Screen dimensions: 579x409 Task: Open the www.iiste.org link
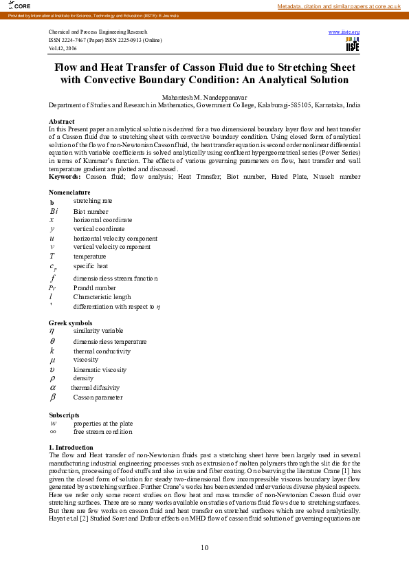(344, 32)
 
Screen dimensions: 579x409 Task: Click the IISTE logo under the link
(352, 44)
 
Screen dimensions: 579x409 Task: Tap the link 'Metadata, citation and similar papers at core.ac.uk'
(338, 6)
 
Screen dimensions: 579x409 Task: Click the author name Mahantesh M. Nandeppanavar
(204, 98)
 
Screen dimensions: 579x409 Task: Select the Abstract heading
(61, 121)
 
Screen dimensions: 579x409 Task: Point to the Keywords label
(65, 177)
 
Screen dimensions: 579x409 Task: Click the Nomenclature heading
(69, 193)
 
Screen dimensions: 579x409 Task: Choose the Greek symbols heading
(70, 323)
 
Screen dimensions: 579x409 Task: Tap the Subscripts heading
(63, 415)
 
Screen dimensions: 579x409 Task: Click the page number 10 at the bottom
(204, 547)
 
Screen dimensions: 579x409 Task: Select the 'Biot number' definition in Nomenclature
(91, 211)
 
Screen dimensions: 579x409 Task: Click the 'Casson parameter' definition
(98, 397)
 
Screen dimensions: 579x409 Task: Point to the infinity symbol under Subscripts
(53, 432)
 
